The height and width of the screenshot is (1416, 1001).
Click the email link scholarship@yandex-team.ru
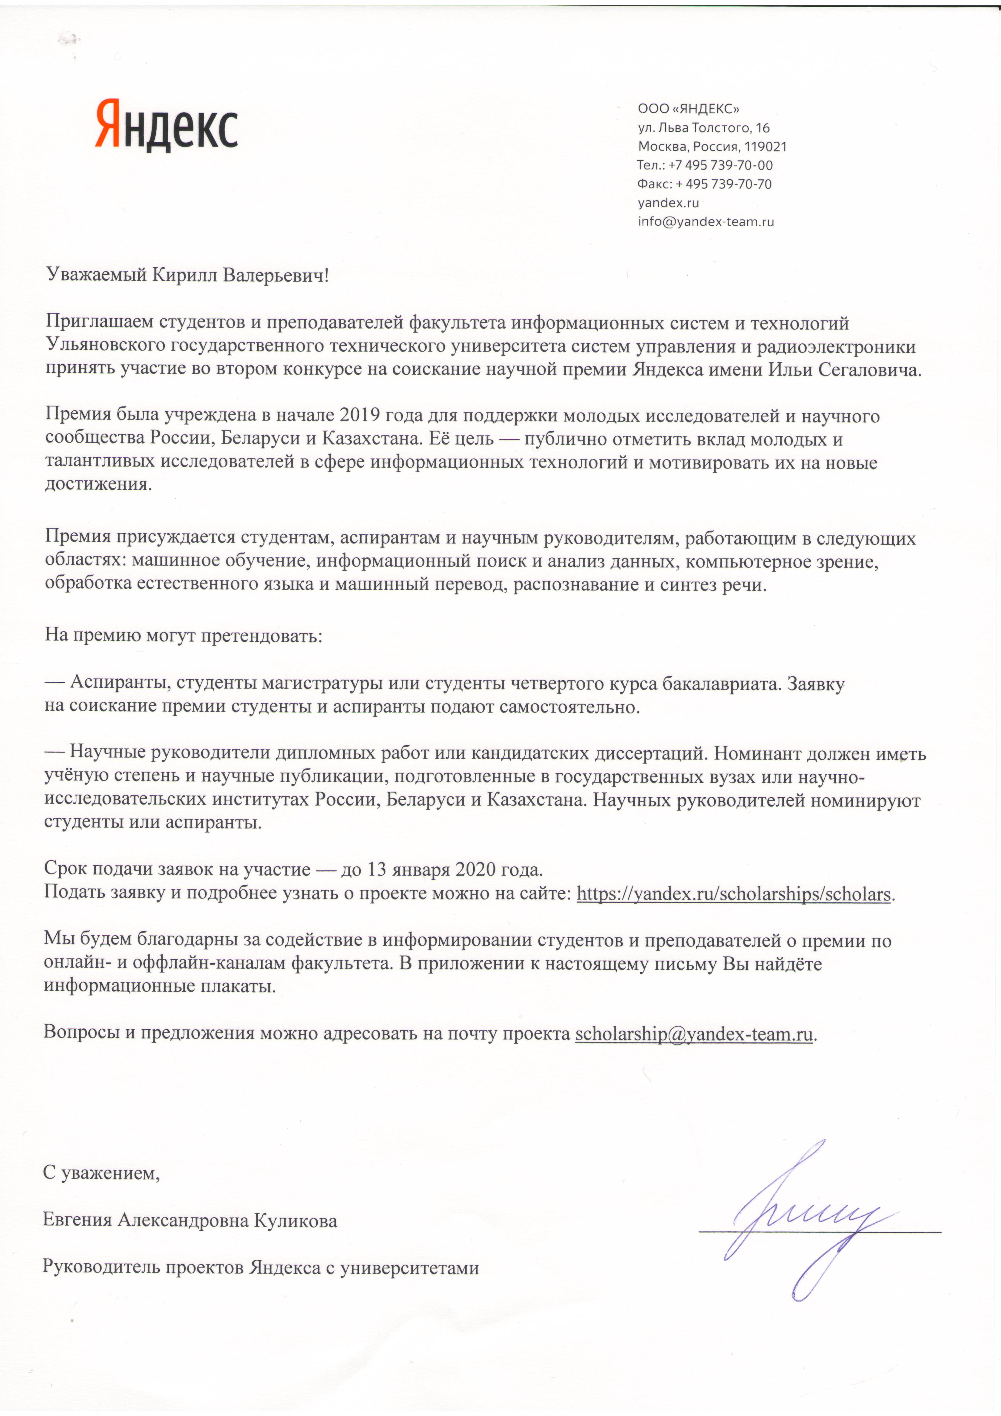coord(694,1034)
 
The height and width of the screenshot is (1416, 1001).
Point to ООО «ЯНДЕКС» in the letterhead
coord(688,109)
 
